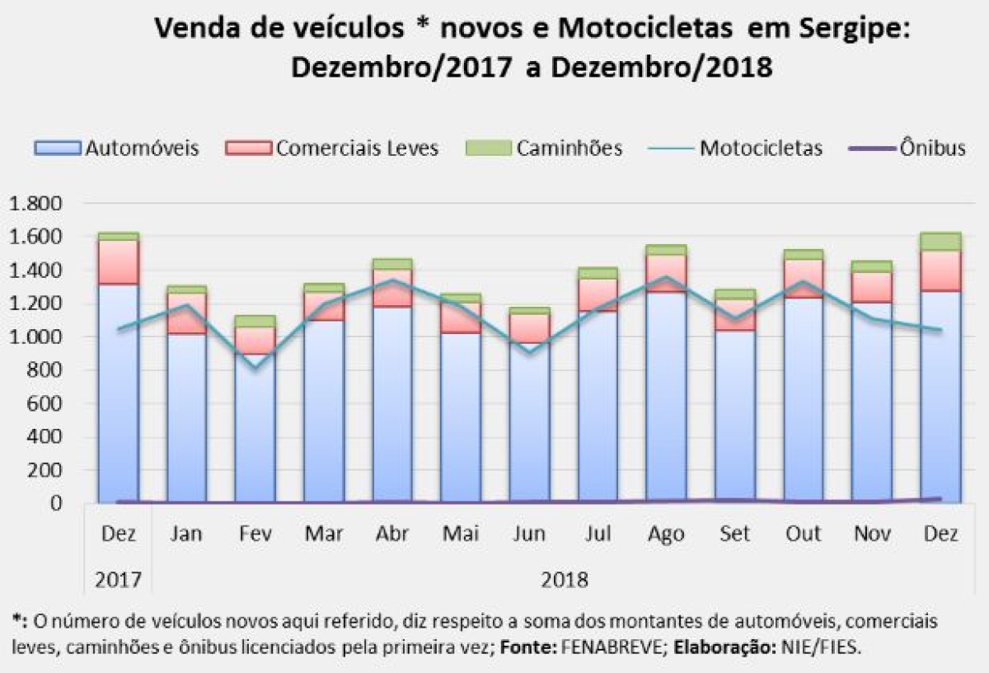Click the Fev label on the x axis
255,534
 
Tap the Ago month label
666,534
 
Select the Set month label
734,534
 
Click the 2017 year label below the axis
118,580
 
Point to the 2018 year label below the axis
565,580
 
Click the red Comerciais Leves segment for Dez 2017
118,262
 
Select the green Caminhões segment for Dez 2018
940,242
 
